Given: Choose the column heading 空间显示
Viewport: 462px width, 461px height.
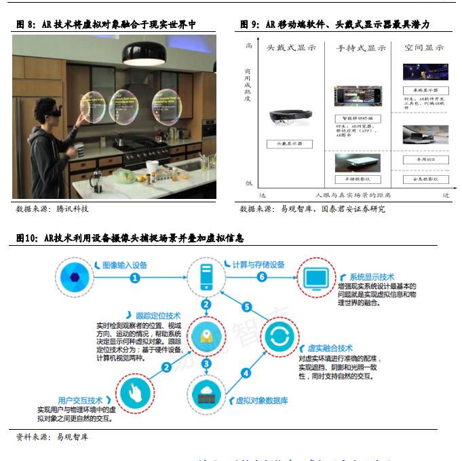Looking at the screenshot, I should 424,48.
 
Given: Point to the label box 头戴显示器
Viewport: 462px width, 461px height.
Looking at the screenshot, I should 289,144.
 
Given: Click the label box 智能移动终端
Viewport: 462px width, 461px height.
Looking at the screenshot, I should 358,119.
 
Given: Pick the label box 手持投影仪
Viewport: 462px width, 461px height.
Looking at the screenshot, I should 358,179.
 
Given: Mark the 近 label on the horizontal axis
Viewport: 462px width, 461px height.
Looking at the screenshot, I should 446,195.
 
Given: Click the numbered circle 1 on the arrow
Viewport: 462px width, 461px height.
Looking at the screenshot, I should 135,277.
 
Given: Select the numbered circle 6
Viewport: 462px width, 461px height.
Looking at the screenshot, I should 262,277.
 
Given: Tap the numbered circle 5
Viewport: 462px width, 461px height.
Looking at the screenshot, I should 247,307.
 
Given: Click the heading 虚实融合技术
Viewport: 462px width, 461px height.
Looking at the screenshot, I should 330,348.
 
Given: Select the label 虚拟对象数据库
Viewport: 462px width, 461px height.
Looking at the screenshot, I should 262,401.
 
